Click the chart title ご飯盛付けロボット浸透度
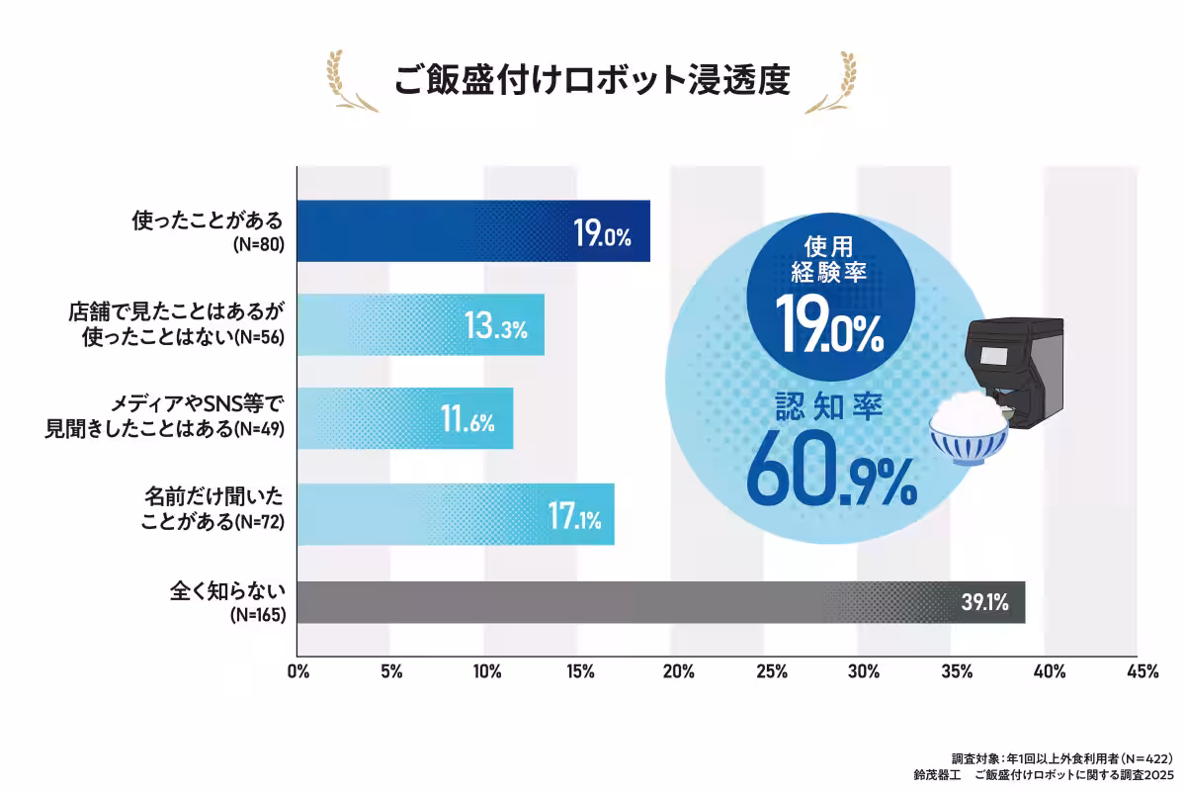click(592, 79)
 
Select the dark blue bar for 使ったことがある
click(445, 231)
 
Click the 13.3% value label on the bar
click(495, 325)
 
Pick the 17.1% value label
click(574, 514)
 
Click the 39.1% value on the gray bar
click(984, 602)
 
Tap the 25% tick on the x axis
click(771, 672)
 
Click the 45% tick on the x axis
click(1142, 672)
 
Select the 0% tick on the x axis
click(297, 672)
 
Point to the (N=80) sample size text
click(257, 243)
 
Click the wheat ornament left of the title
click(351, 81)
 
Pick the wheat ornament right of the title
click(832, 81)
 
